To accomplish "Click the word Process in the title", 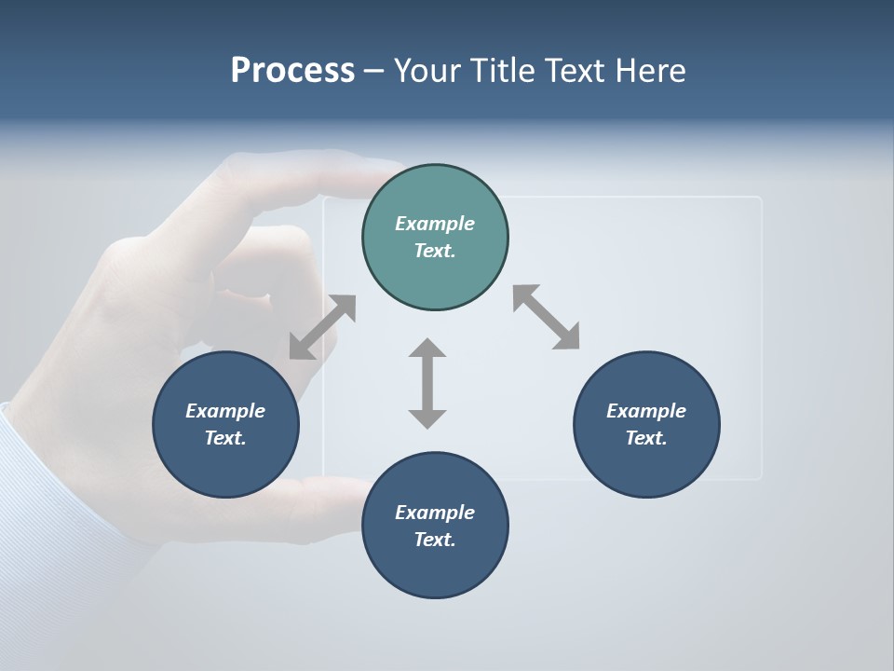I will (292, 71).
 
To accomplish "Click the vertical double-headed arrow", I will (427, 383).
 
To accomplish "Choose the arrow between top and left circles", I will (322, 327).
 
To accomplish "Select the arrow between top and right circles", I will (547, 317).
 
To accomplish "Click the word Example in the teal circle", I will (435, 224).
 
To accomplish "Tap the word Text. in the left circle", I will (225, 438).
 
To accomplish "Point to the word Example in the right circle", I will (646, 411).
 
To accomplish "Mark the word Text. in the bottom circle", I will (435, 540).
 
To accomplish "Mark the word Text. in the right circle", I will (646, 438).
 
